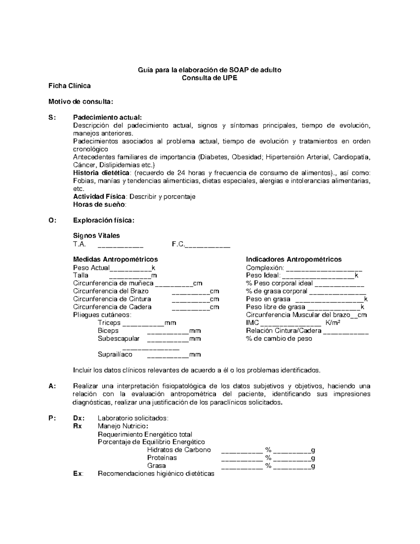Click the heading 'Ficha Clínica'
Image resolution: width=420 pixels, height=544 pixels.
pos(69,86)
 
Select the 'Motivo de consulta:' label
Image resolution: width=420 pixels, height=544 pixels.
pos(80,102)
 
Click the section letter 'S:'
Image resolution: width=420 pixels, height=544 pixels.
pos(52,117)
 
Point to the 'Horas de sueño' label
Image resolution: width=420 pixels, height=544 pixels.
pos(99,205)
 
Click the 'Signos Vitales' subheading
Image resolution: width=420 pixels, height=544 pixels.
pos(96,235)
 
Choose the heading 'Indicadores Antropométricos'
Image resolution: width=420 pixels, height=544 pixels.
pos(294,259)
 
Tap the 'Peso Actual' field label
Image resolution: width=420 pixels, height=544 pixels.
pos(91,268)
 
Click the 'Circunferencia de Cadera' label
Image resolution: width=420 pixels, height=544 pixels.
pos(112,307)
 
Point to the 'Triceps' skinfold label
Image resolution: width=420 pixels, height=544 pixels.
pos(109,323)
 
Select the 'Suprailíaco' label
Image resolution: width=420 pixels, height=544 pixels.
pos(115,354)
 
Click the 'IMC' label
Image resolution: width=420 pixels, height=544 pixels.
pos(252,323)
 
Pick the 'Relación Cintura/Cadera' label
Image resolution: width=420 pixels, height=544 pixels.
pos(283,331)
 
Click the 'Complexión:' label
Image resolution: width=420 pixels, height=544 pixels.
pos(265,268)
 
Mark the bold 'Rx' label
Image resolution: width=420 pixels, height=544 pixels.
pos(77,426)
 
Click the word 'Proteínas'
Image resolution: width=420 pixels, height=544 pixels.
pos(162,457)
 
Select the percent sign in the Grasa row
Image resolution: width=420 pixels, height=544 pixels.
pos(268,466)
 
